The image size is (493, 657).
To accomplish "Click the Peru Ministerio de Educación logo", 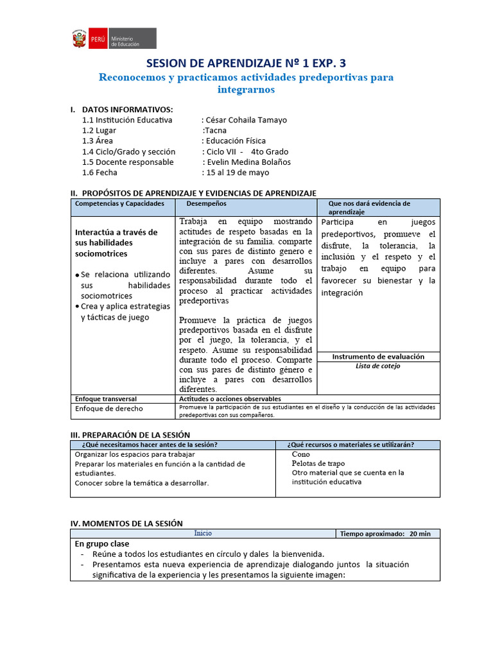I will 113,38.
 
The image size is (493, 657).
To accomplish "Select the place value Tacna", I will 216,130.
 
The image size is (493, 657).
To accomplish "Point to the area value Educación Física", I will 235,141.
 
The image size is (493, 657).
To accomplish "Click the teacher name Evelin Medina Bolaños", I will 248,162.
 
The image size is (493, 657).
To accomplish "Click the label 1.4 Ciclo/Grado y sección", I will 129,151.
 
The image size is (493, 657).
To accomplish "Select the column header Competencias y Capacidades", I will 119,203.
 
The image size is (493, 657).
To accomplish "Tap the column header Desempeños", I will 206,203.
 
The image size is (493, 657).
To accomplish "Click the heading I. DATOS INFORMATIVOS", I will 121,110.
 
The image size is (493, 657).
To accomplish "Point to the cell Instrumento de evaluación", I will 378,356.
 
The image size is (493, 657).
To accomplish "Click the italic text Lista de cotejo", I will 378,366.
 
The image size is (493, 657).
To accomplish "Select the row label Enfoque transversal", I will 106,398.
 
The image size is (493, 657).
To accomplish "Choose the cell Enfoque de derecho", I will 109,408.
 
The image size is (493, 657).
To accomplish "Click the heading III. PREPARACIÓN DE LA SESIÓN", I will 130,434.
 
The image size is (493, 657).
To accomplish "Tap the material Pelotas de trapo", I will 318,463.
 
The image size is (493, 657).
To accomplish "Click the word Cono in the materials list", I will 300,454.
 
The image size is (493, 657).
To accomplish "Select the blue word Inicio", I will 203,533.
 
